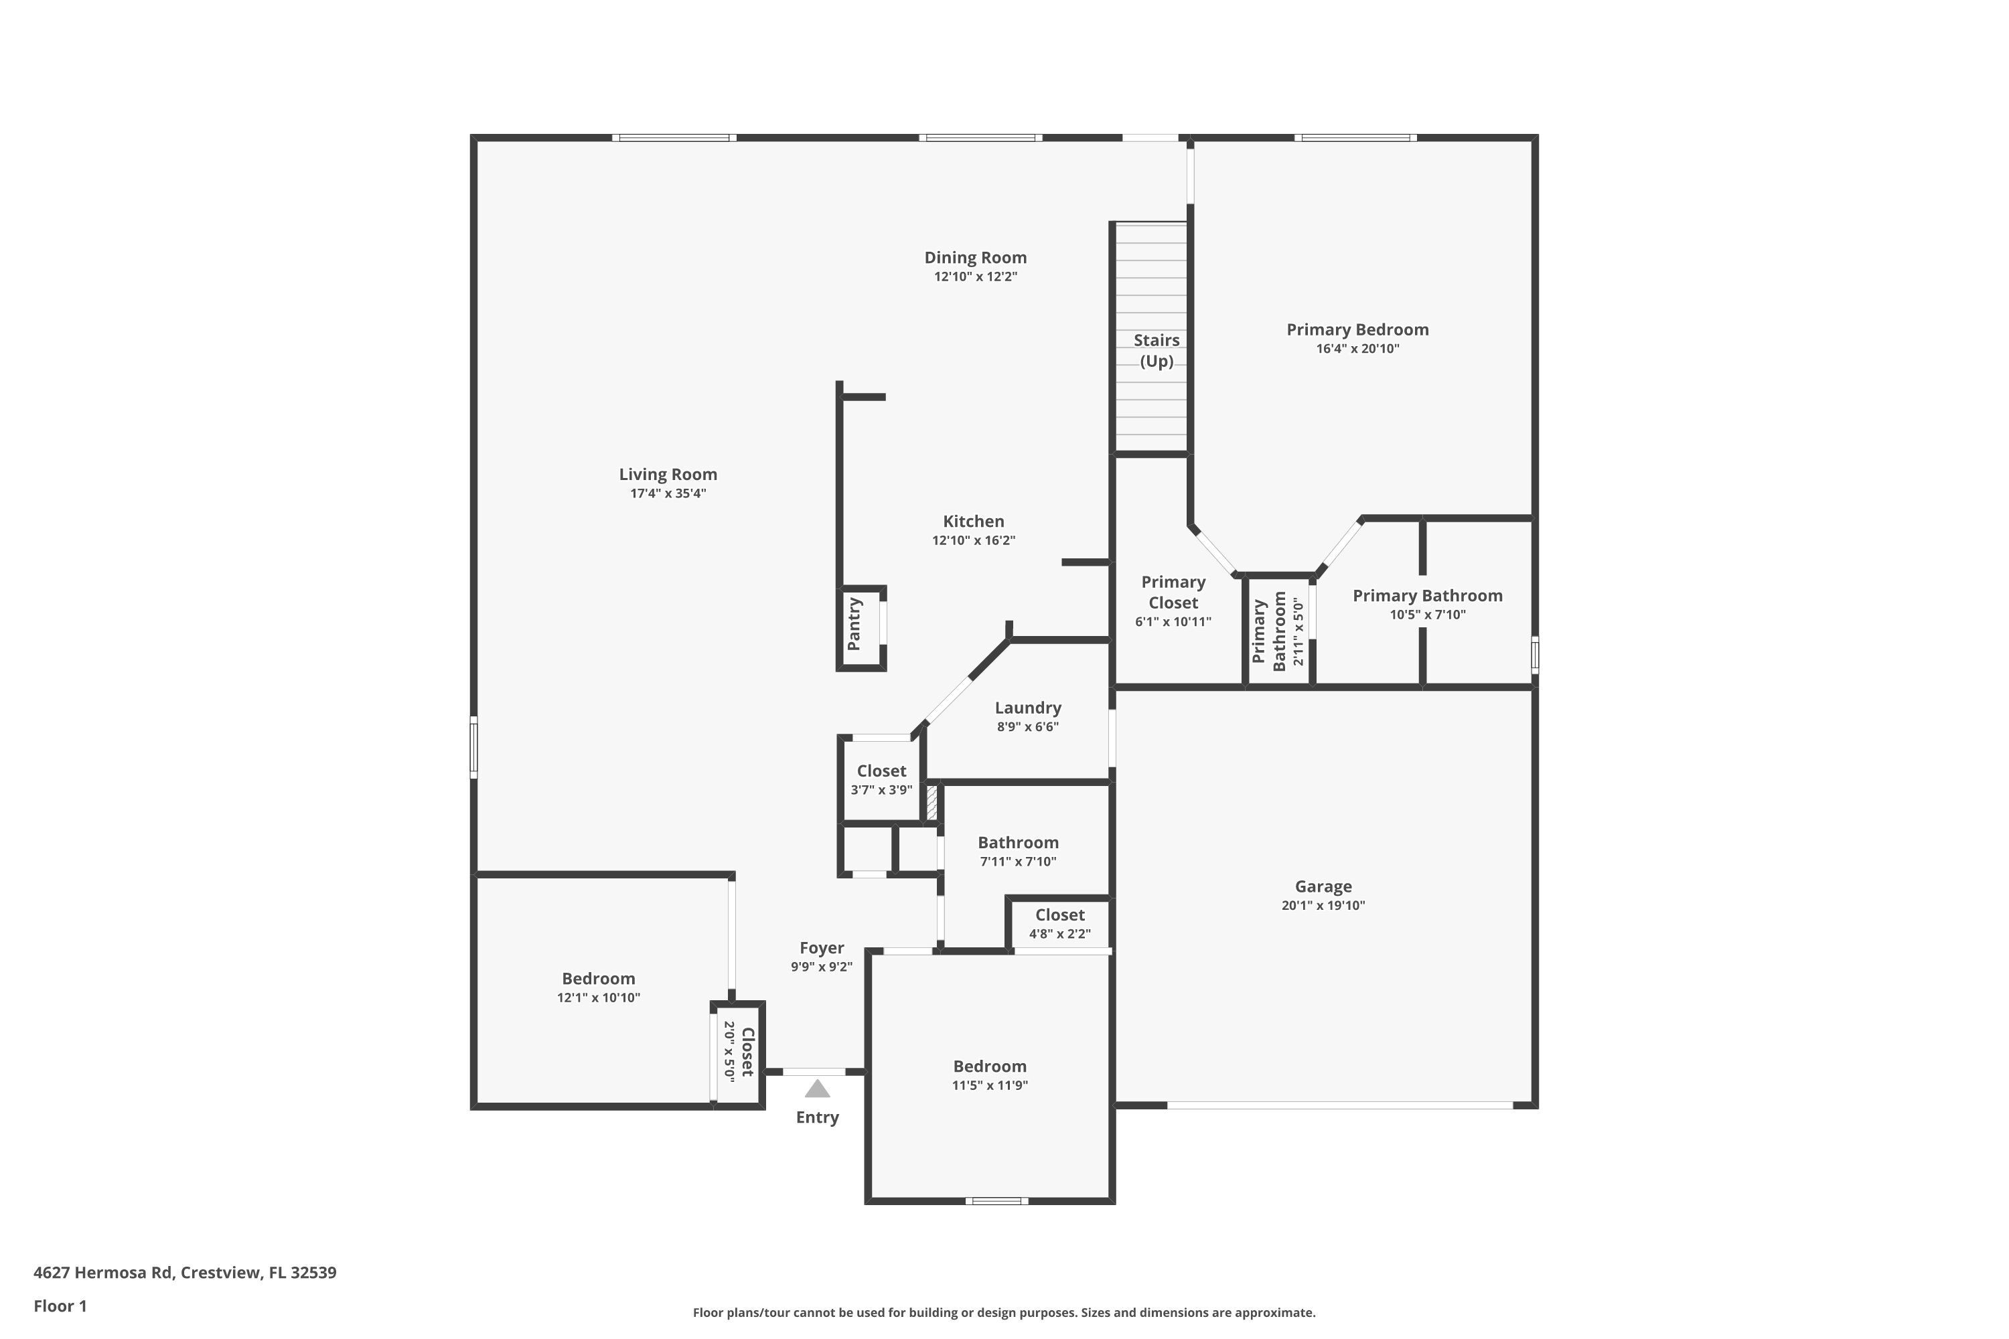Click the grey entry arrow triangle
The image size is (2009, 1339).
pyautogui.click(x=818, y=1089)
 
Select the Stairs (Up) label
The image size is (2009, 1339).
pyautogui.click(x=1157, y=350)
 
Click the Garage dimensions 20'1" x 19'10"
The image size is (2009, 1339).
pyautogui.click(x=1323, y=906)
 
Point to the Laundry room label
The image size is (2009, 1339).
pyautogui.click(x=1027, y=708)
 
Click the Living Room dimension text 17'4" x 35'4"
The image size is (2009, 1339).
pyautogui.click(x=668, y=493)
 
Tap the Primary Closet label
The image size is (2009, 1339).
pyautogui.click(x=1173, y=592)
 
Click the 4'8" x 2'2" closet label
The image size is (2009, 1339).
pyautogui.click(x=1059, y=925)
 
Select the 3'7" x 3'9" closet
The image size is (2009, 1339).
pyautogui.click(x=881, y=780)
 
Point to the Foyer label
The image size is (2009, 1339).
pyautogui.click(x=822, y=948)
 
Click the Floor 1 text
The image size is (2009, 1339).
pyautogui.click(x=60, y=1306)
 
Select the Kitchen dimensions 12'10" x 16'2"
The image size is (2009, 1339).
pyautogui.click(x=974, y=540)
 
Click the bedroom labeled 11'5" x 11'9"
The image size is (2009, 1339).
pyautogui.click(x=990, y=1075)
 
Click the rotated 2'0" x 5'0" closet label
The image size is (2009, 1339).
pyautogui.click(x=739, y=1052)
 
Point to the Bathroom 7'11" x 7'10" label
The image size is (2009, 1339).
pyautogui.click(x=1018, y=852)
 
